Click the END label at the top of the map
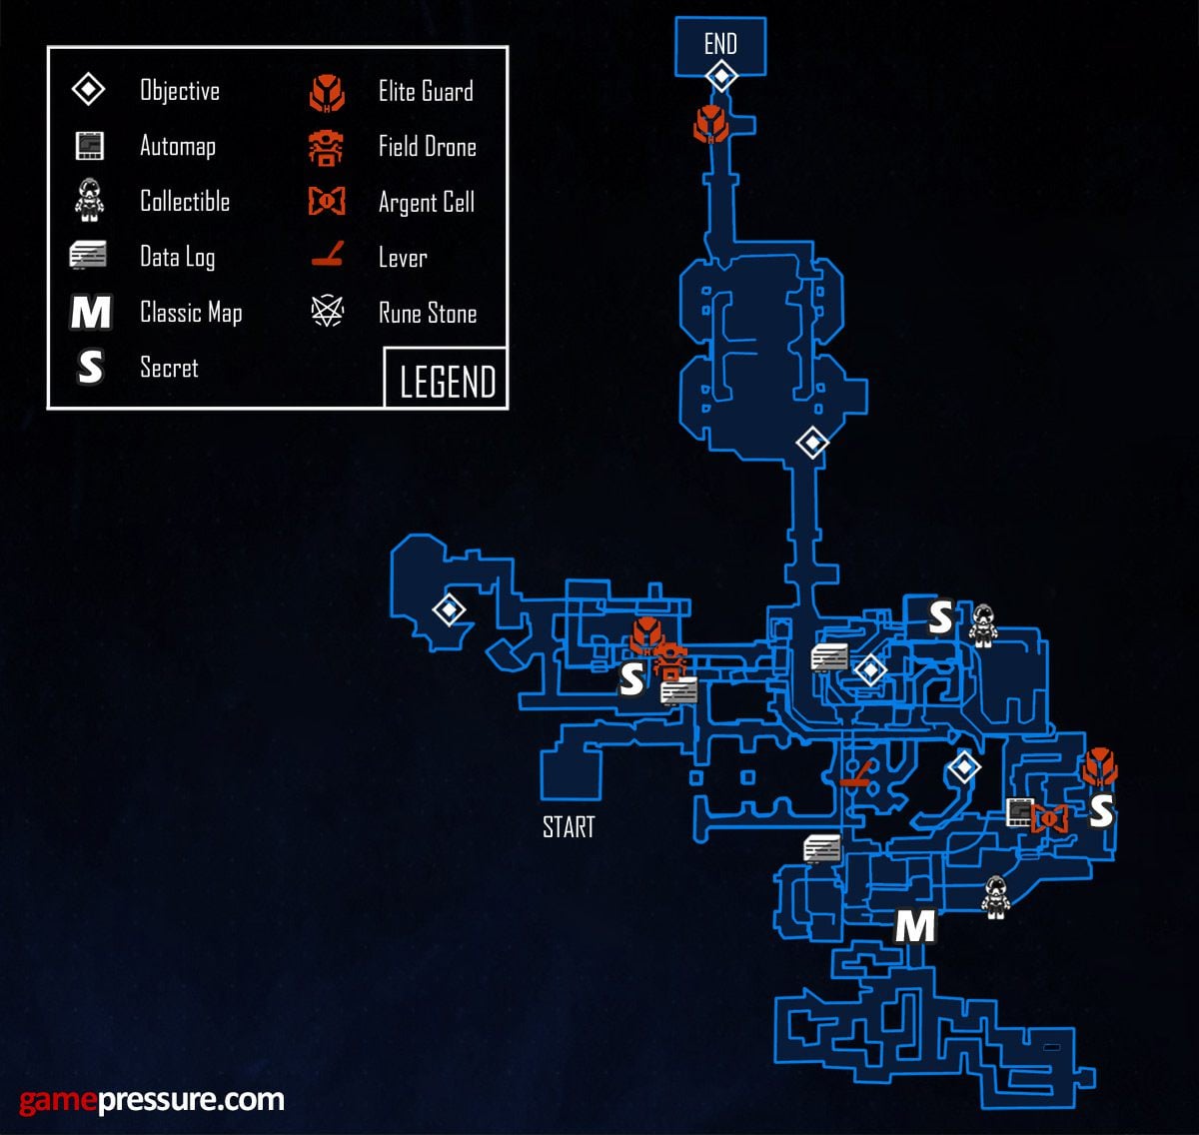click(720, 44)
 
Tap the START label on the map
click(569, 827)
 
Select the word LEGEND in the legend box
click(447, 382)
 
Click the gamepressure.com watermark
click(152, 1100)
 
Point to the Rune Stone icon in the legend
click(327, 313)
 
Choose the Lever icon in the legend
click(327, 257)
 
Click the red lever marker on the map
click(857, 775)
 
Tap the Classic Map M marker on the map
click(914, 927)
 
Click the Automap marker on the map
click(1019, 812)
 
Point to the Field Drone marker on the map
click(670, 661)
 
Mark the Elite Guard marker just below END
click(710, 124)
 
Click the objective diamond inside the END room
click(720, 76)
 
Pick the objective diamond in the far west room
click(449, 608)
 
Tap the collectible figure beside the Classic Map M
click(995, 896)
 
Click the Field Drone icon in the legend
click(327, 147)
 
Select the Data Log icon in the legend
click(88, 257)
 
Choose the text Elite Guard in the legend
click(426, 92)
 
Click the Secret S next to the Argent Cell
click(1100, 812)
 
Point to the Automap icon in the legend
click(89, 147)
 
